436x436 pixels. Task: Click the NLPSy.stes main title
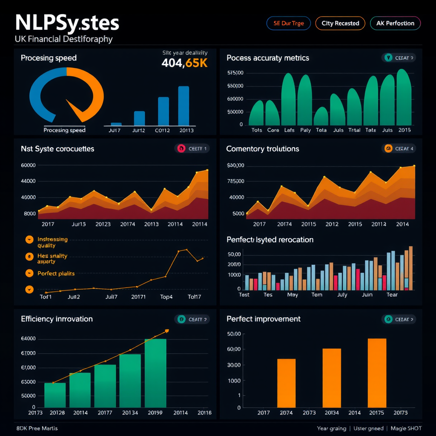pyautogui.click(x=67, y=23)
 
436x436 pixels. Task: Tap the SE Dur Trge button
pyautogui.click(x=289, y=23)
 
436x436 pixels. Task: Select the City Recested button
pyautogui.click(x=340, y=23)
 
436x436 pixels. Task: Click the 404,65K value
pyautogui.click(x=184, y=63)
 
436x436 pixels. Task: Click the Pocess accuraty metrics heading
pyautogui.click(x=268, y=58)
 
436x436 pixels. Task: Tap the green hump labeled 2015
pyautogui.click(x=404, y=98)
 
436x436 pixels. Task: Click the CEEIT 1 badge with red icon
pyautogui.click(x=192, y=149)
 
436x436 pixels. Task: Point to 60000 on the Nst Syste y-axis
pyautogui.click(x=28, y=165)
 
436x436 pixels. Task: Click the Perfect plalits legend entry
pyautogui.click(x=56, y=273)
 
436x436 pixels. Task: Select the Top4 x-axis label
pyautogui.click(x=166, y=297)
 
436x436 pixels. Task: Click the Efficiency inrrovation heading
pyautogui.click(x=57, y=319)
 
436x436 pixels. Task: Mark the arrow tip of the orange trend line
pyautogui.click(x=167, y=330)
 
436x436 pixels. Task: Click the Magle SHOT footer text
pyautogui.click(x=406, y=428)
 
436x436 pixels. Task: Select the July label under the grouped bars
pyautogui.click(x=342, y=295)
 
